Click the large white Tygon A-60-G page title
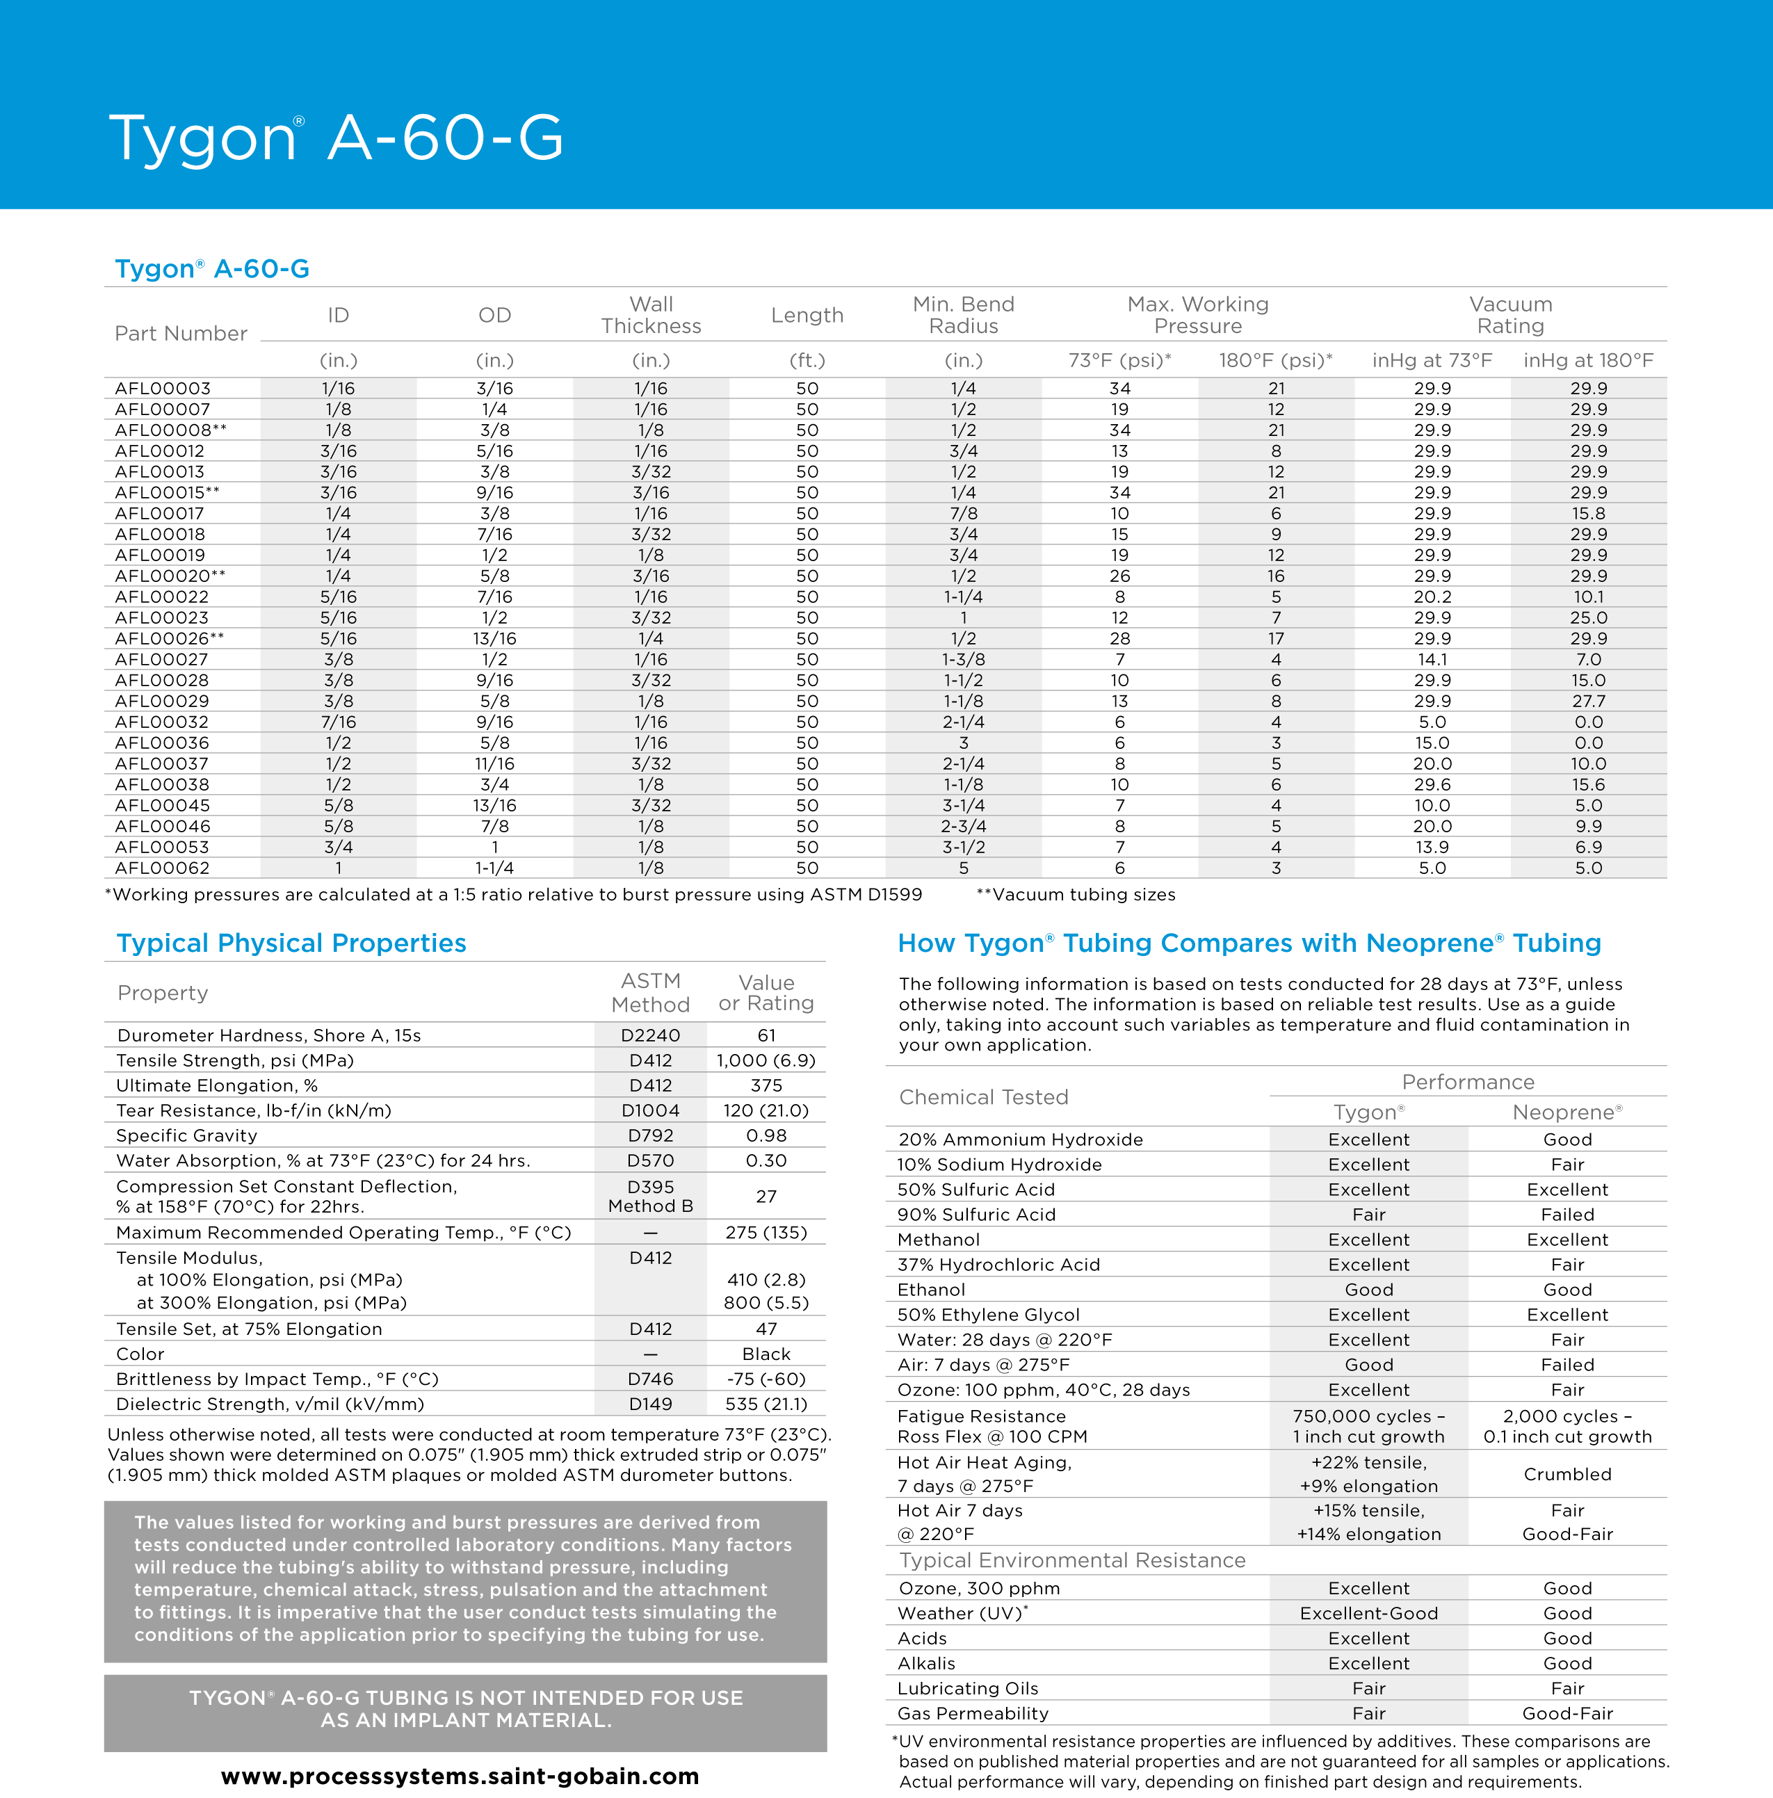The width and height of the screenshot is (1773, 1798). (336, 138)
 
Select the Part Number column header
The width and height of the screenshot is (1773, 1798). (181, 333)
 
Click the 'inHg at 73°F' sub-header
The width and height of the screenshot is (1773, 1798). (1432, 360)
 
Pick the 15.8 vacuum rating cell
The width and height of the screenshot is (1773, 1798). (1588, 514)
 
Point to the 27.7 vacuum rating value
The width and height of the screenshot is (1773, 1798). (1588, 701)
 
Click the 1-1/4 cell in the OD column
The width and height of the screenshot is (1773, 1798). (494, 867)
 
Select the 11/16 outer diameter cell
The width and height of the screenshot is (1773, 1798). (494, 763)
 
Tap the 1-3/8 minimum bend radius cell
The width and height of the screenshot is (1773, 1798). (963, 659)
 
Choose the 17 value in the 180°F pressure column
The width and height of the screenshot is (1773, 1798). (1275, 638)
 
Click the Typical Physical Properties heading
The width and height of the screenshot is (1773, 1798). (291, 943)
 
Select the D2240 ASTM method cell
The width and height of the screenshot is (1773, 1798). (651, 1035)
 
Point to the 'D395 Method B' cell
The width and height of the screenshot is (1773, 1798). (651, 1196)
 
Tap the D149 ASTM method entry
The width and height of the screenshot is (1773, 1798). (651, 1403)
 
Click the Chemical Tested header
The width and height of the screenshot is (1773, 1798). (984, 1097)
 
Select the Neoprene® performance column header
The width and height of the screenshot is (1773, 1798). (1567, 1112)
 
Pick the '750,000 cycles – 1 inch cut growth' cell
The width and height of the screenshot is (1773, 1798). (1368, 1426)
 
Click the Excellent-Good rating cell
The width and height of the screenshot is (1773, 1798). (1368, 1613)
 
